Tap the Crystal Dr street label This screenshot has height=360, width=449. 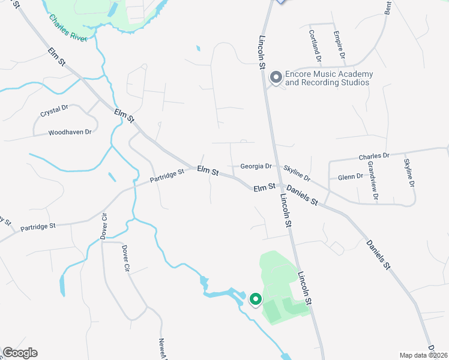click(x=55, y=112)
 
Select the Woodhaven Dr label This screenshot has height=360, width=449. click(x=70, y=132)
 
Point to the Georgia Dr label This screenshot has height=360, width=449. click(x=256, y=166)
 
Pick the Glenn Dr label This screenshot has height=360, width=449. click(x=351, y=176)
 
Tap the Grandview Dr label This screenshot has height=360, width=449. click(x=372, y=180)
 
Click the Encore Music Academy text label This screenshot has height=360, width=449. click(x=328, y=78)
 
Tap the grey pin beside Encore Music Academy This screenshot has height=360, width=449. click(x=276, y=77)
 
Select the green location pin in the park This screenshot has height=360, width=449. click(x=255, y=299)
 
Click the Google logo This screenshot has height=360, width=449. click(x=20, y=353)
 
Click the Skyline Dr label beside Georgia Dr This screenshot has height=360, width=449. click(x=297, y=174)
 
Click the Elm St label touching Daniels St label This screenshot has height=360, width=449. click(x=264, y=188)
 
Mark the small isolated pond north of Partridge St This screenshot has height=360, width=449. click(x=112, y=178)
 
